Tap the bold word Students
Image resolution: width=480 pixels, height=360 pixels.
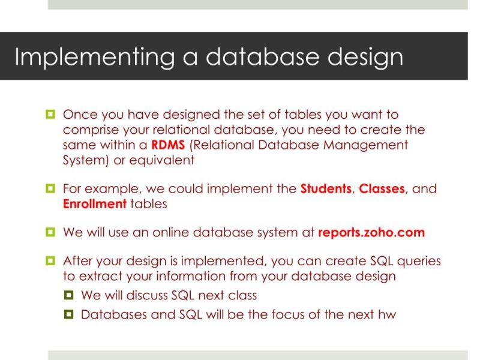[325, 189]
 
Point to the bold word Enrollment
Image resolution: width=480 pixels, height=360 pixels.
[94, 204]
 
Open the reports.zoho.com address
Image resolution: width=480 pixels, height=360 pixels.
[371, 233]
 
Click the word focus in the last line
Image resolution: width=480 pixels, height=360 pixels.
[304, 314]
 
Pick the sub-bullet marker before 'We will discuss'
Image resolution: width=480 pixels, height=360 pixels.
[69, 295]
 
